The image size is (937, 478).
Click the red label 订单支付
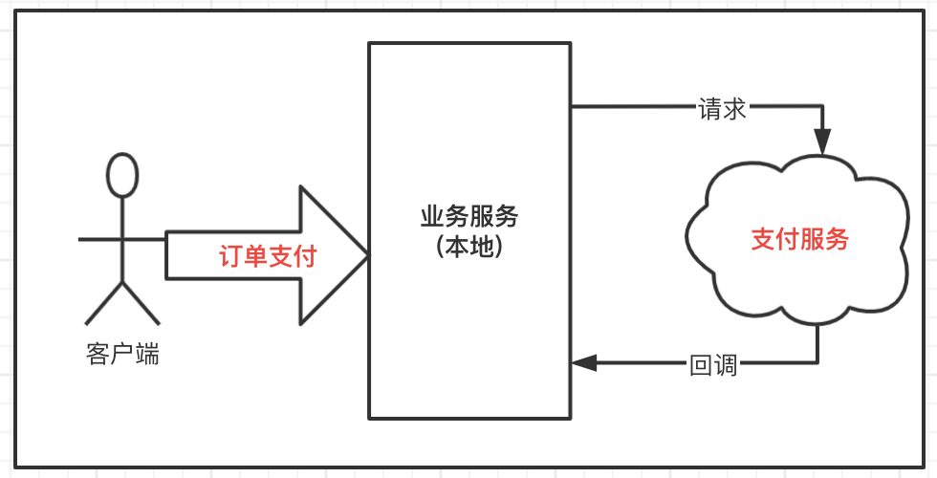(268, 256)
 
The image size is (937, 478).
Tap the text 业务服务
(469, 217)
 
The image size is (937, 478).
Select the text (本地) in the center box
(469, 247)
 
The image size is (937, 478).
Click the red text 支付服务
(799, 239)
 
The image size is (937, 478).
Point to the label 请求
(723, 109)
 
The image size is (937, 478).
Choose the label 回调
(713, 365)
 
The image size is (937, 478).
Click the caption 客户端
(122, 355)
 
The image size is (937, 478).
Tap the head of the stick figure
(122, 175)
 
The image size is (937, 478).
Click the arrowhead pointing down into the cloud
(823, 141)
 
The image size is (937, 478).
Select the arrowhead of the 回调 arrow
(584, 362)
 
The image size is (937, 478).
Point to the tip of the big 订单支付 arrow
(367, 255)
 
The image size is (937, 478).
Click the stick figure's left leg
(104, 304)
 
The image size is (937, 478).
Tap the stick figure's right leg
(142, 304)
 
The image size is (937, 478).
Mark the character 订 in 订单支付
(230, 256)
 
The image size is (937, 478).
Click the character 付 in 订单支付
(305, 256)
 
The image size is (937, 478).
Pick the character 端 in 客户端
(147, 355)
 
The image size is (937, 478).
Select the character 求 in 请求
(735, 109)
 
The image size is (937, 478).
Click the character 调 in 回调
(726, 365)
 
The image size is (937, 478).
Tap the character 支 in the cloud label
(763, 239)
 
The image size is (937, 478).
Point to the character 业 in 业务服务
(432, 217)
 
